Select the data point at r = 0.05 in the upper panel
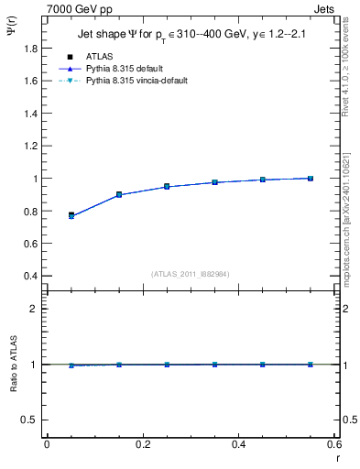coord(71,215)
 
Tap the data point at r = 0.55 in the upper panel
coord(311,178)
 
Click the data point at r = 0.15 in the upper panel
coord(119,194)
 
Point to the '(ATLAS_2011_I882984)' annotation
coord(190,273)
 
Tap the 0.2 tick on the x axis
coord(142,444)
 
